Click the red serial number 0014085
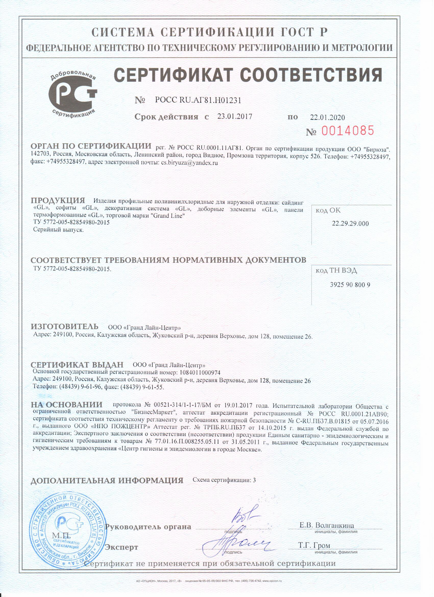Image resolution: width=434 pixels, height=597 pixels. point(347,130)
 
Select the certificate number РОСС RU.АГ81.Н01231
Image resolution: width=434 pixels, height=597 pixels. point(198,100)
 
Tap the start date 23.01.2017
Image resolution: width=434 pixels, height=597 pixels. point(235,116)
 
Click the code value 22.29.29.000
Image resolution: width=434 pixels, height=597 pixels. point(350,224)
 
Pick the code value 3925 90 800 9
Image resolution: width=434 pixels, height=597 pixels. point(350,285)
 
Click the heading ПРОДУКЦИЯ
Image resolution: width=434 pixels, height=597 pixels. point(58,201)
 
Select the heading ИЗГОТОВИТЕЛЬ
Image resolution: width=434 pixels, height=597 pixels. point(65,327)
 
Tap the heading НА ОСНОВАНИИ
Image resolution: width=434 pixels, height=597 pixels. point(67,404)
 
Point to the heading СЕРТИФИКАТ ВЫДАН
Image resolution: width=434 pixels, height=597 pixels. point(77,365)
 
